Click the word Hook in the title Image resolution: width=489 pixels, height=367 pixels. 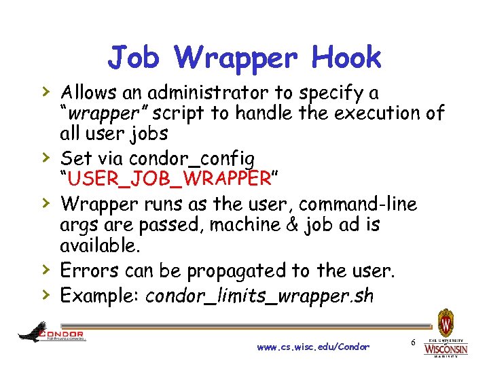[x=346, y=58]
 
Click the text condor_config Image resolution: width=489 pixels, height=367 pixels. [x=192, y=158]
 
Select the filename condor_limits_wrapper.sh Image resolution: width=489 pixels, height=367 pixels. [x=259, y=296]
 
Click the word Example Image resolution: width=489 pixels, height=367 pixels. [x=98, y=296]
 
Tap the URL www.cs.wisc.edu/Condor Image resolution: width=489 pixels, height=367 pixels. [x=313, y=347]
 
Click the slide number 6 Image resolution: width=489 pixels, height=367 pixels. [x=413, y=339]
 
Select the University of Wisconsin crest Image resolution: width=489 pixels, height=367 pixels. [x=446, y=322]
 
